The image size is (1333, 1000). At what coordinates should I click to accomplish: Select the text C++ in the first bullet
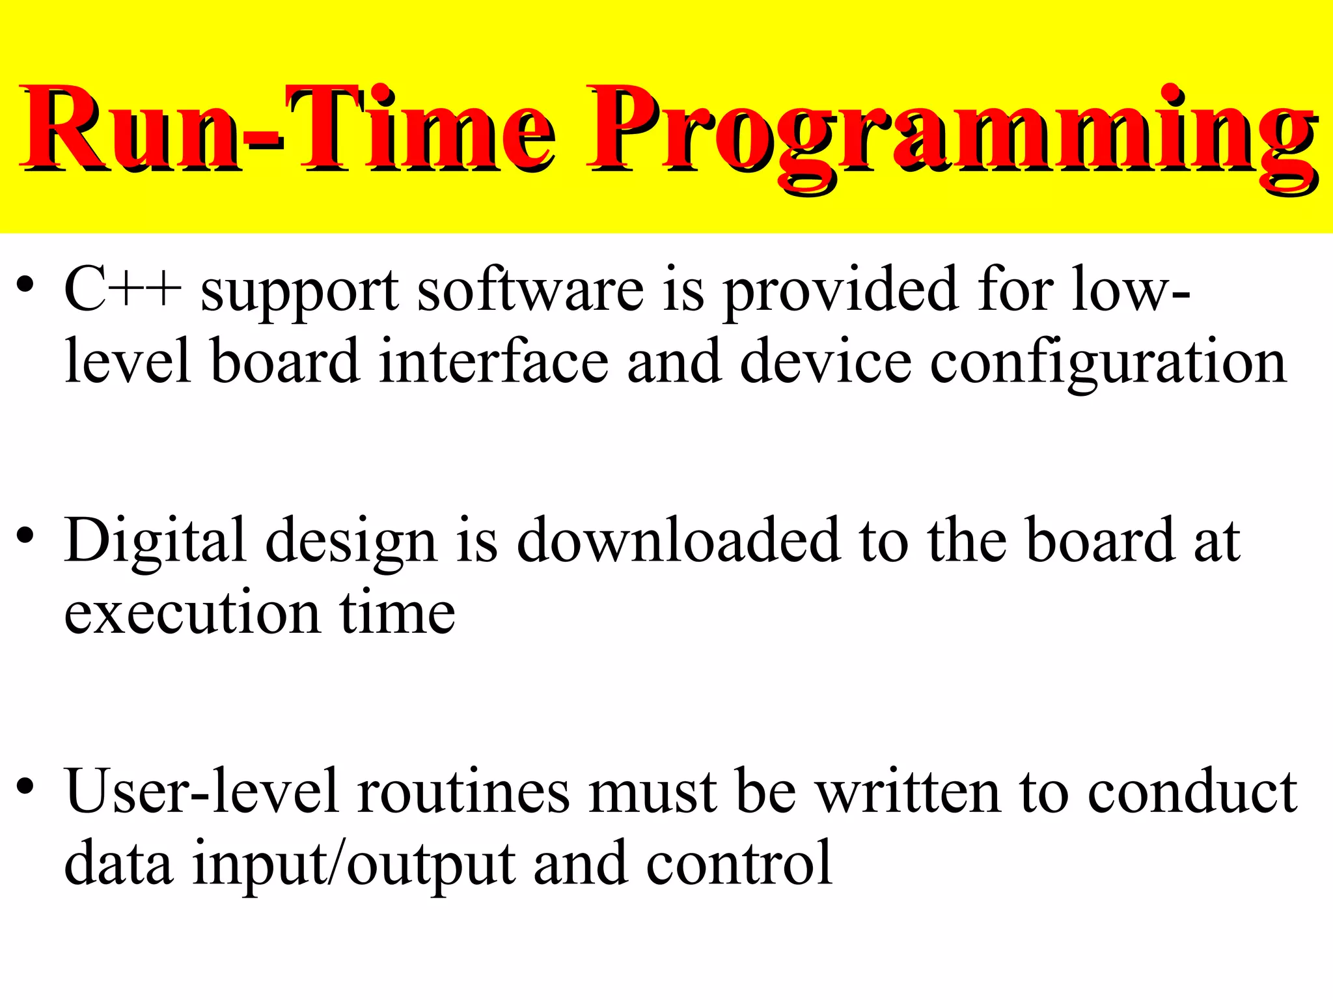click(x=123, y=289)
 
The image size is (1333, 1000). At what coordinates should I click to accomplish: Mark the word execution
click(x=193, y=613)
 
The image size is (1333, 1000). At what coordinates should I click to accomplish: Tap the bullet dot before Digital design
click(x=25, y=536)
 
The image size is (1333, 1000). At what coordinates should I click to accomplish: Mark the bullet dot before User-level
click(x=25, y=786)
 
